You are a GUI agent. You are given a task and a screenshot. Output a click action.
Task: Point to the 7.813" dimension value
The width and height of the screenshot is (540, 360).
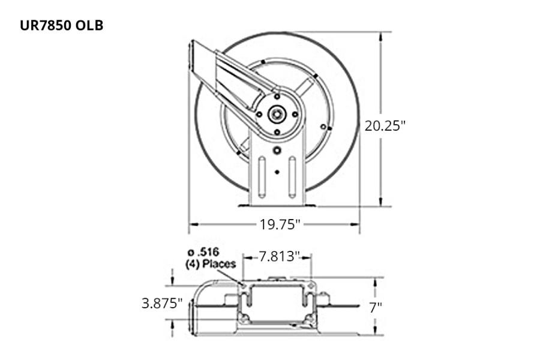279,257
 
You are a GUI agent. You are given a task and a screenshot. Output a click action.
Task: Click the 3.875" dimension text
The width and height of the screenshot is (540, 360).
162,303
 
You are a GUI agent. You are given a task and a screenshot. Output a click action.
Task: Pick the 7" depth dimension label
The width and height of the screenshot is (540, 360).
376,307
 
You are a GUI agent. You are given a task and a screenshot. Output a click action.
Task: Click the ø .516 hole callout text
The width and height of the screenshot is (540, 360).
202,253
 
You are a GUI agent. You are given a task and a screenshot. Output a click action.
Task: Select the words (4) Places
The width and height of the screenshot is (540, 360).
210,263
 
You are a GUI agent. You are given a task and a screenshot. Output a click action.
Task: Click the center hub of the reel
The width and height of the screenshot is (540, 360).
277,114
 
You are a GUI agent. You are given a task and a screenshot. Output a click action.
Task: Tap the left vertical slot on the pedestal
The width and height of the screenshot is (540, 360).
262,176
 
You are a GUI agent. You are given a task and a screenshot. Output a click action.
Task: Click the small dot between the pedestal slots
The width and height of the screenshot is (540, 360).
277,172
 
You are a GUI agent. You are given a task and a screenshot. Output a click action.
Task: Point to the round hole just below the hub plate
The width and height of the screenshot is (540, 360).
277,151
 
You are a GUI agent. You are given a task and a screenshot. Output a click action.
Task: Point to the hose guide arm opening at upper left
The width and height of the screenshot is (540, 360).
193,57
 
